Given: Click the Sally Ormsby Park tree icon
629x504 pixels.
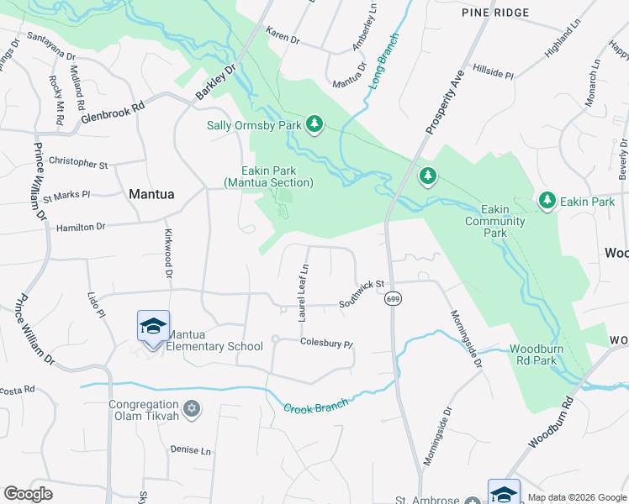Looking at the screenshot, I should (x=314, y=125).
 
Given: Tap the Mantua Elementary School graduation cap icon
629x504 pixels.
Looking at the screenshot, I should (x=153, y=326).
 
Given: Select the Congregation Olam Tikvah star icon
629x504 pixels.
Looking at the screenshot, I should (x=192, y=409).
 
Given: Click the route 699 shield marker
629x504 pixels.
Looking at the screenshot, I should (x=393, y=298).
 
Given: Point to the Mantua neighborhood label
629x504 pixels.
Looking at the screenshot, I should (x=152, y=194).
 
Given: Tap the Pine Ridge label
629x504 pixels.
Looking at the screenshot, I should (x=495, y=13).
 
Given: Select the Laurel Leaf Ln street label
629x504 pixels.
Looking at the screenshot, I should (x=304, y=292).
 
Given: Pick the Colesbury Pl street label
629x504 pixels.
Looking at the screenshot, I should (x=326, y=343).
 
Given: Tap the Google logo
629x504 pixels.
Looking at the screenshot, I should (x=28, y=494).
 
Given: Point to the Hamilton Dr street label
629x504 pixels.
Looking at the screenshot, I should (x=81, y=227).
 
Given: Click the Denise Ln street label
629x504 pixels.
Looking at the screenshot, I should (x=190, y=450).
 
